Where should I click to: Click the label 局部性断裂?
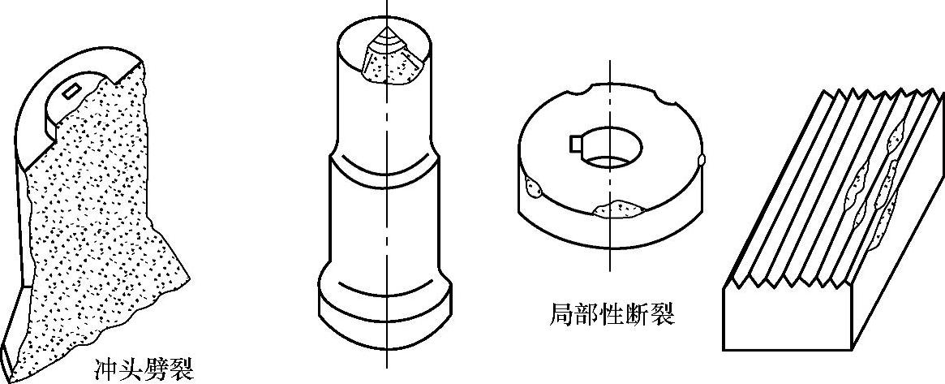pyautogui.click(x=611, y=314)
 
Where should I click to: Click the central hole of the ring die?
pyautogui.click(x=613, y=148)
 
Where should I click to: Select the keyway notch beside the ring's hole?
pyautogui.click(x=577, y=145)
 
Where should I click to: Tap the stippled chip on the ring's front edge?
pyautogui.click(x=621, y=210)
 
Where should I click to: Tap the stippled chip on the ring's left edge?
pyautogui.click(x=534, y=188)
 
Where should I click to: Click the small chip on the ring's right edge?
pyautogui.click(x=702, y=160)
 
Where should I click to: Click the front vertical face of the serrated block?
pyautogui.click(x=791, y=321)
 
